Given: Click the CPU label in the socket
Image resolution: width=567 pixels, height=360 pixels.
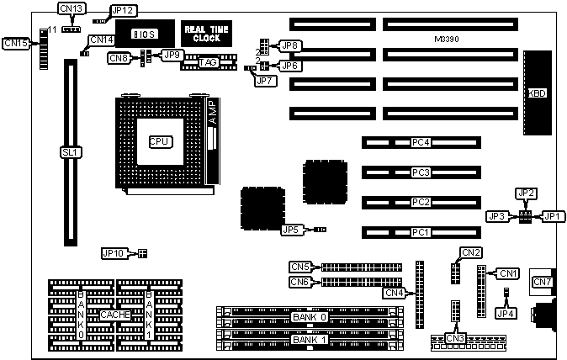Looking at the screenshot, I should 159,142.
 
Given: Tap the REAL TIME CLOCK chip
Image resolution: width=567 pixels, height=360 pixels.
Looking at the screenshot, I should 202,34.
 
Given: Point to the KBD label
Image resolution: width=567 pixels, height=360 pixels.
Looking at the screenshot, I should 536,93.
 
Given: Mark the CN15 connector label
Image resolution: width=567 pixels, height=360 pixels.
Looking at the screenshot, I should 16,42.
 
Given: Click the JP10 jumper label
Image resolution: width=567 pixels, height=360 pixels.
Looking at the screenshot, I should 114,252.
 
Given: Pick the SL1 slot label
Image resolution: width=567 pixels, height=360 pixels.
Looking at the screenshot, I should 69,153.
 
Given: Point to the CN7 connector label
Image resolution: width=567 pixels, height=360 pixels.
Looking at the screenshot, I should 541,282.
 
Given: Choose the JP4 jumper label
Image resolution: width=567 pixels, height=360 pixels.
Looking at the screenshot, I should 506,314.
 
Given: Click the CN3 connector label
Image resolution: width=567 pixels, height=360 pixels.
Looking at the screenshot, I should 455,338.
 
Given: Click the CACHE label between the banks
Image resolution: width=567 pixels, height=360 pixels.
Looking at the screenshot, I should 114,315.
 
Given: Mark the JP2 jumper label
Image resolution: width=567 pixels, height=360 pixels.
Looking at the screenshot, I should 525,193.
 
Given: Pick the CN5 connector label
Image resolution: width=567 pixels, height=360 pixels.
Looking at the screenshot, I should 300,267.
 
